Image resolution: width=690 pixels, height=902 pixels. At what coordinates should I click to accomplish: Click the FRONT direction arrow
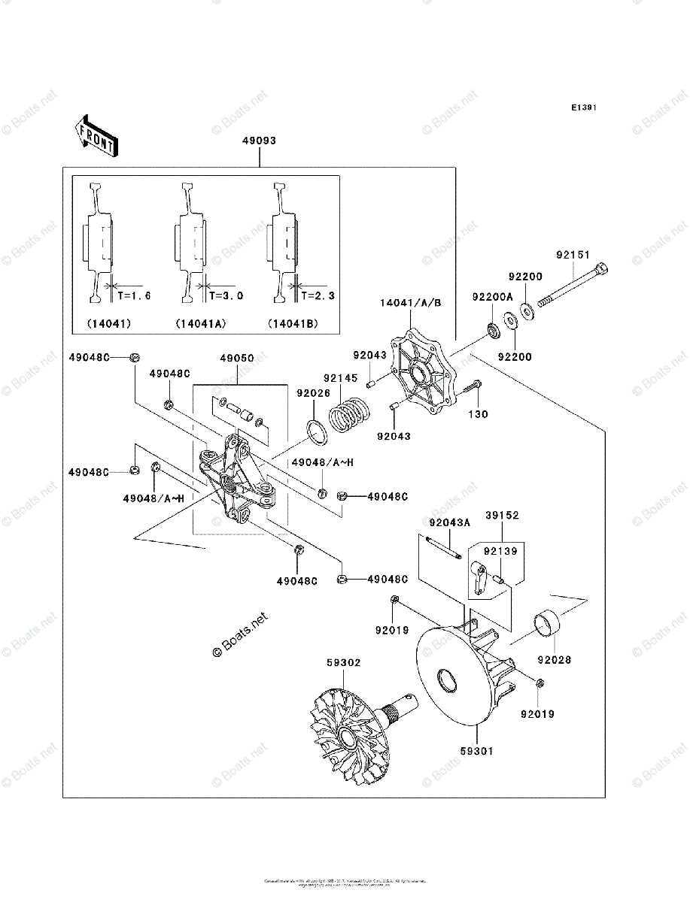[x=94, y=135]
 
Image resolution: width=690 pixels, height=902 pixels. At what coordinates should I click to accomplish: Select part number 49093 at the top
[x=258, y=141]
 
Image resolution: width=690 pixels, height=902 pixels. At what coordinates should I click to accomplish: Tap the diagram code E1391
[x=583, y=108]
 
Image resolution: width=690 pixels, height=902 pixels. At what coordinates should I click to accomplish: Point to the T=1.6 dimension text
[x=133, y=296]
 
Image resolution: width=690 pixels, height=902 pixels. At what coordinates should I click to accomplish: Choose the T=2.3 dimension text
[x=318, y=296]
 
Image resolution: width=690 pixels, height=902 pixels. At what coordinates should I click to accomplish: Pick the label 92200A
[x=492, y=298]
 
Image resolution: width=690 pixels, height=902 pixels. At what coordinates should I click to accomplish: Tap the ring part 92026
[x=318, y=434]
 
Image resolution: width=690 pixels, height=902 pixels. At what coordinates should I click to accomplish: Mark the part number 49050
[x=236, y=359]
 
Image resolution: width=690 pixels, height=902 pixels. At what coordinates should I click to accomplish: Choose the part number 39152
[x=502, y=516]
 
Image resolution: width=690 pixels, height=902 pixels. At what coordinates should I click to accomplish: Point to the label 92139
[x=501, y=552]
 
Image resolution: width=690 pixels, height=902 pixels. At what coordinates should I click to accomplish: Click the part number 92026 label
[x=313, y=392]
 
